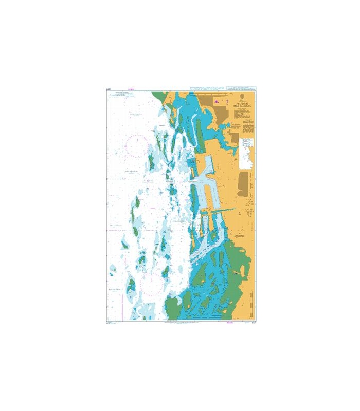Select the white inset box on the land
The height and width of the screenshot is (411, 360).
pos(246,153)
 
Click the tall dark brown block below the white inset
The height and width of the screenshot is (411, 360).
pos(243,183)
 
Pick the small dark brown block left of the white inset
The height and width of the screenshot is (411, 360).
pos(233,138)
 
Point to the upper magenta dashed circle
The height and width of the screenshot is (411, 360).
pos(136,145)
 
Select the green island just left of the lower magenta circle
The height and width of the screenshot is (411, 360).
pos(132,284)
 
